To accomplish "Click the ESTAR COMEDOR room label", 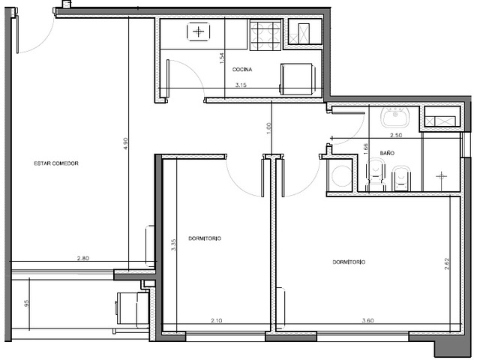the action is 56,163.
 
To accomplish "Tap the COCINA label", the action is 242,70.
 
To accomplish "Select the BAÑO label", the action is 387,153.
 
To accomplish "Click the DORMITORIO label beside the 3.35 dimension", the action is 205,238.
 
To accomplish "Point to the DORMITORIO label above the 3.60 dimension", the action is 349,262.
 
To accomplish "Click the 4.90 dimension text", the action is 125,143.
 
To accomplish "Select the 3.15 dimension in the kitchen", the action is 241,85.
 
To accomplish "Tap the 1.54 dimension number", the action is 222,58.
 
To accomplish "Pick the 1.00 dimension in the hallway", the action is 268,128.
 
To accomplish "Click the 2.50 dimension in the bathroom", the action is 396,135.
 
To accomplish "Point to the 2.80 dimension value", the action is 83,258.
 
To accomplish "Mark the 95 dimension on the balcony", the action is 27,303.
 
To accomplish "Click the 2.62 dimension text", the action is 446,264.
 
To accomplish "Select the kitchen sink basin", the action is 199,31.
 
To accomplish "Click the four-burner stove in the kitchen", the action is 265,35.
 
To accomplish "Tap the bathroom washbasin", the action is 395,117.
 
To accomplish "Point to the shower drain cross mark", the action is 441,176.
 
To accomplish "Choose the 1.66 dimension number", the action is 366,149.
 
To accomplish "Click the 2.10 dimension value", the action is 217,320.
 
